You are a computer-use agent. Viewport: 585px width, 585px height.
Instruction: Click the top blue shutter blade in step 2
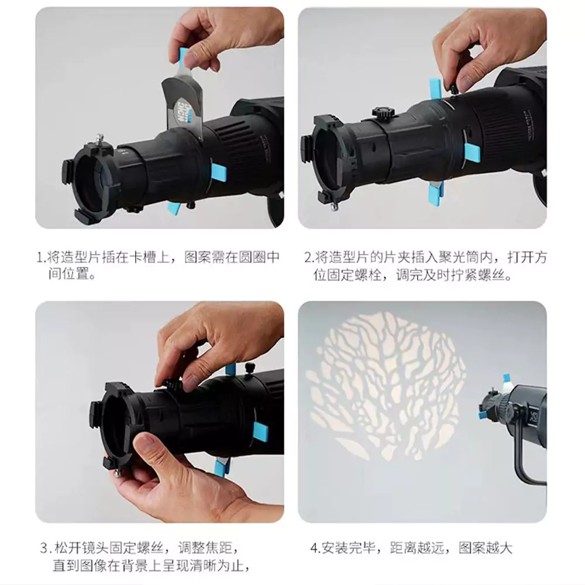click(435, 90)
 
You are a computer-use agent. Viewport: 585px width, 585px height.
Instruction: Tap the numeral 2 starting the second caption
click(308, 258)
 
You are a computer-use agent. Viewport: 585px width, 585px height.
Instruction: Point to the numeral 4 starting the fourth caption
click(314, 549)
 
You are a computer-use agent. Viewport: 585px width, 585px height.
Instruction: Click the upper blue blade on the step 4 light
click(507, 379)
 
